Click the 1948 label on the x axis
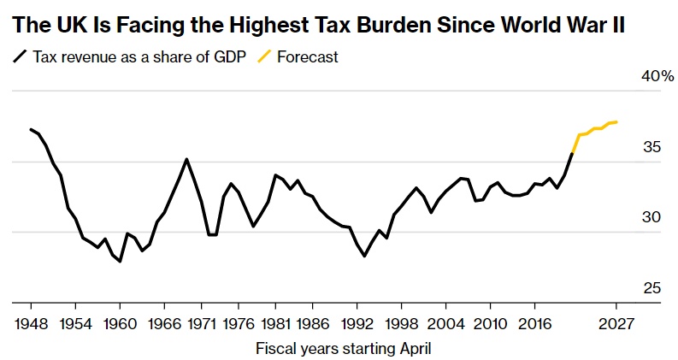point(31,325)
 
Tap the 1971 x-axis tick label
point(202,325)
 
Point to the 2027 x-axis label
point(616,325)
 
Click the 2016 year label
point(534,325)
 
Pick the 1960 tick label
point(120,325)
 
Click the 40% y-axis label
point(657,77)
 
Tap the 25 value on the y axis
point(652,288)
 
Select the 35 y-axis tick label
point(652,147)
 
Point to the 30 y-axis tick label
point(652,217)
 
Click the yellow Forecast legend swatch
point(265,57)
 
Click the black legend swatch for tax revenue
point(19,57)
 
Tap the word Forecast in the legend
point(308,57)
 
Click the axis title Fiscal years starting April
point(343,348)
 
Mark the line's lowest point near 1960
point(120,262)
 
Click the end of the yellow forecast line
point(618,121)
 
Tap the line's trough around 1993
point(365,256)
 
